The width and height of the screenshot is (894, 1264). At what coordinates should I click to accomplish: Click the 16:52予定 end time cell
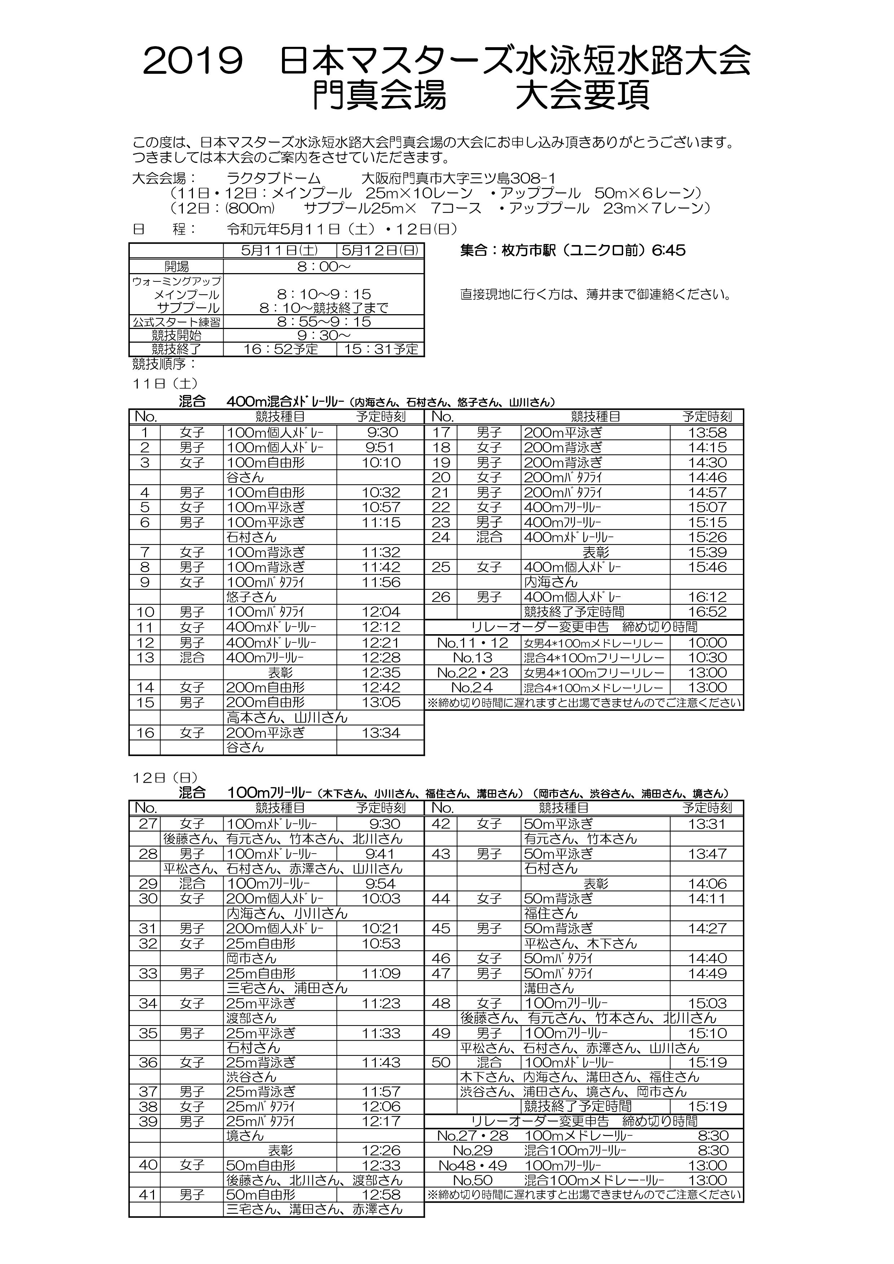pos(281,350)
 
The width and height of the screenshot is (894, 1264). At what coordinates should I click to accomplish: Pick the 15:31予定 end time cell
pos(381,350)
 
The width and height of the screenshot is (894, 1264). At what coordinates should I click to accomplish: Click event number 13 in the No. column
pos(145,657)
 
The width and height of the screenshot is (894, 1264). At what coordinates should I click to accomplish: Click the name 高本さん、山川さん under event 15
pos(287,717)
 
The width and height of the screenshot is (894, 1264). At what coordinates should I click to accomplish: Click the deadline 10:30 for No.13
pos(707,657)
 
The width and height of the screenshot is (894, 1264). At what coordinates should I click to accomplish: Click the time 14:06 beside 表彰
pos(707,884)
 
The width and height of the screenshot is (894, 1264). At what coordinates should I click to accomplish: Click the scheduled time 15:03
pos(707,1003)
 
